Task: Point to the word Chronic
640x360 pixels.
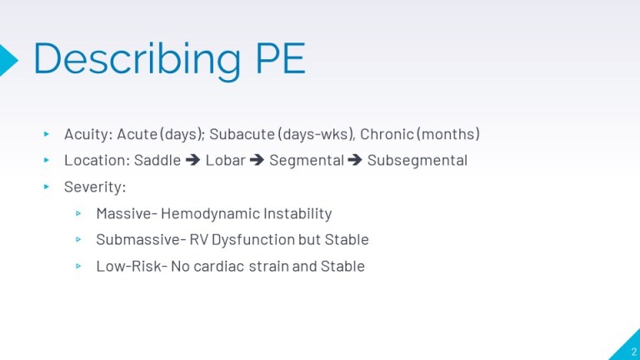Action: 386,134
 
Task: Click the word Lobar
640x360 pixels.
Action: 225,160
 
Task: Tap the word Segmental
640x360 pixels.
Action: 306,160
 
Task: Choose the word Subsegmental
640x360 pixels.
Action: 417,160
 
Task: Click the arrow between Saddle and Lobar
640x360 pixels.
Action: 192,160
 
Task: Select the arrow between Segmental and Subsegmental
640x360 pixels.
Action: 355,160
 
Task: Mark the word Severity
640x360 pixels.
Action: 94,187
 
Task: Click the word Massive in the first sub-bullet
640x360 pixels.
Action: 122,213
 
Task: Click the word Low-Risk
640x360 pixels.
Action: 128,267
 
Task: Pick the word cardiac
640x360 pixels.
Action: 217,267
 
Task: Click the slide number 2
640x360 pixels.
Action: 633,351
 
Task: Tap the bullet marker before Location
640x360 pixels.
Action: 47,160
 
